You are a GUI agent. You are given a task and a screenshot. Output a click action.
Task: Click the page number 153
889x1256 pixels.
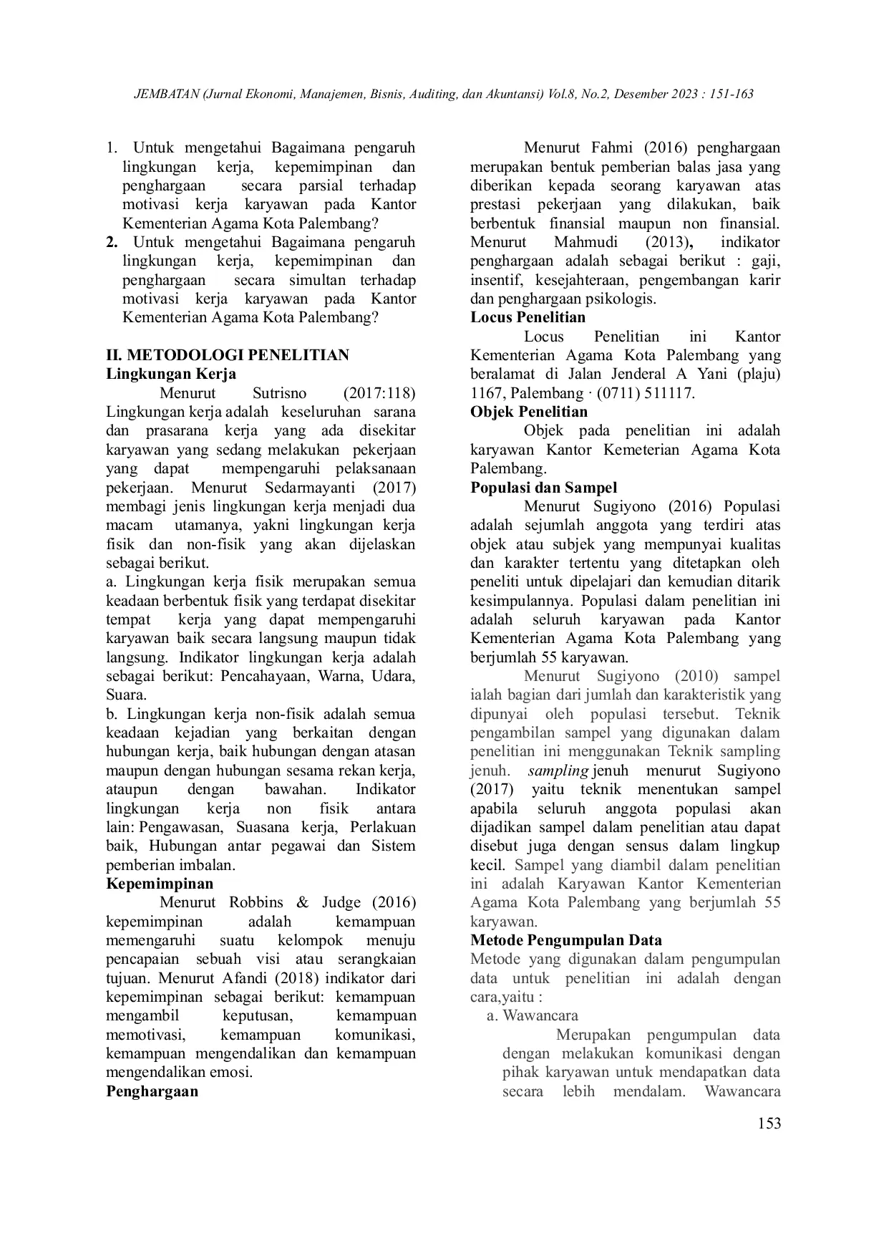point(769,1123)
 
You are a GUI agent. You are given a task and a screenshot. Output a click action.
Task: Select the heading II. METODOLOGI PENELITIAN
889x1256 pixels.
point(228,355)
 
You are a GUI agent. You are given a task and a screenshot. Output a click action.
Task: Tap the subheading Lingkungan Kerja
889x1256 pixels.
point(171,374)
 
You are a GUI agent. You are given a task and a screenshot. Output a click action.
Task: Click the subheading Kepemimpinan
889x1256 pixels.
point(160,884)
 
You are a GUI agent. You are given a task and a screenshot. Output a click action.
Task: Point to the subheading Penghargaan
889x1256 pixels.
point(152,1091)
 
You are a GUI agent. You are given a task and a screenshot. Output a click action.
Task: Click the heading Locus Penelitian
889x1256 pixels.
point(528,317)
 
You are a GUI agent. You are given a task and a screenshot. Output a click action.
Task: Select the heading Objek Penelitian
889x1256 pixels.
point(528,412)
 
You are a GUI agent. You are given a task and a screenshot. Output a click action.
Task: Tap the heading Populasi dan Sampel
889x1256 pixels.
point(543,488)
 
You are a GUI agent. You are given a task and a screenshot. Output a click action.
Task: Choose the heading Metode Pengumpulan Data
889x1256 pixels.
point(565,940)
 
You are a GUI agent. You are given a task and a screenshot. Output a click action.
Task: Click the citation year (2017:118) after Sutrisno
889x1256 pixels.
point(379,393)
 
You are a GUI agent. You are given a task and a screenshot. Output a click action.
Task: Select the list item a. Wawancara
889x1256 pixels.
point(532,1015)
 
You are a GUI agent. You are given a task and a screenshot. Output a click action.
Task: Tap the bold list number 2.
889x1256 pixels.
point(112,242)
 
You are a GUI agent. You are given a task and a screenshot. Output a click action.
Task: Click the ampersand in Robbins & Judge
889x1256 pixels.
point(301,902)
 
